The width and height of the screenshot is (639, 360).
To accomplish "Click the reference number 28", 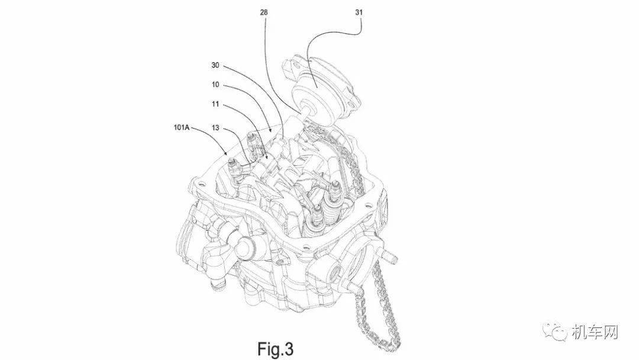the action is [264, 12].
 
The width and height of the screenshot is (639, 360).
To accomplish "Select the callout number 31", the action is [359, 12].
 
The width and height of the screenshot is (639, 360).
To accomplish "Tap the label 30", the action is [215, 65].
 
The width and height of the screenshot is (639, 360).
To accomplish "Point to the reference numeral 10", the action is [215, 85].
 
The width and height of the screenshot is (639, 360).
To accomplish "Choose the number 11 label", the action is [215, 104].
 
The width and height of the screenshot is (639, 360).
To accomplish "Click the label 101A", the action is [182, 128].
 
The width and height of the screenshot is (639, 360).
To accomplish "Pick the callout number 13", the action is [215, 128].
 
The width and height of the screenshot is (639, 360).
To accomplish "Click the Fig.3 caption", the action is [275, 349].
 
